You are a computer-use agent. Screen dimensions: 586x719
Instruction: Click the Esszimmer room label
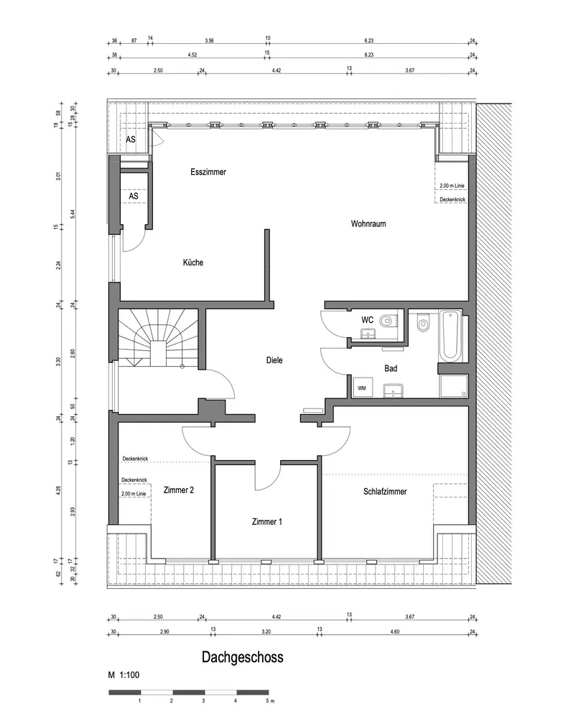(x=208, y=172)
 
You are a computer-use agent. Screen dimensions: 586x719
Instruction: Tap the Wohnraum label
(x=368, y=224)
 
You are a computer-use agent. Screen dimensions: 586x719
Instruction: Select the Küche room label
(x=193, y=262)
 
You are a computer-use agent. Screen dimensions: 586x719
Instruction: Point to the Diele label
(x=274, y=360)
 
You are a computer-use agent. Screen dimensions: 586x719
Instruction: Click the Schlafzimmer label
(x=385, y=492)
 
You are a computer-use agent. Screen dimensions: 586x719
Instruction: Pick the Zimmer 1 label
(x=267, y=522)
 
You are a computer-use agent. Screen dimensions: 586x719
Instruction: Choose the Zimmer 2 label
(x=179, y=490)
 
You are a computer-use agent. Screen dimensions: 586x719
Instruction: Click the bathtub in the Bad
(x=450, y=335)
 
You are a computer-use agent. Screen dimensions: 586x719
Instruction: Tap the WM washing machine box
(x=362, y=388)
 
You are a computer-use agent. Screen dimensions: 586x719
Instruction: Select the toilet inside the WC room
(x=387, y=320)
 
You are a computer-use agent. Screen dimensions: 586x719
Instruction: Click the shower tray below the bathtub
(x=454, y=386)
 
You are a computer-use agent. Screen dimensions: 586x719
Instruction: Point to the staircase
(x=159, y=338)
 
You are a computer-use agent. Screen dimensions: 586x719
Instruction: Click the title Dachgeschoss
(x=243, y=657)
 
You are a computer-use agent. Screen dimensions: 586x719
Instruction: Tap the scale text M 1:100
(x=124, y=675)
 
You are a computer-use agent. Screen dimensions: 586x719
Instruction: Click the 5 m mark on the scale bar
(x=270, y=700)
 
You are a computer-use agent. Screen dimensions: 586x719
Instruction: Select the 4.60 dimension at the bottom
(x=395, y=632)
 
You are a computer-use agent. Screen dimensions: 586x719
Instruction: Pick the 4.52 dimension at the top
(x=192, y=55)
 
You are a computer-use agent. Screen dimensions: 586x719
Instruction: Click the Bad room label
(x=391, y=368)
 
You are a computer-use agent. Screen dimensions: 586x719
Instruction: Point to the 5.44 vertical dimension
(x=73, y=214)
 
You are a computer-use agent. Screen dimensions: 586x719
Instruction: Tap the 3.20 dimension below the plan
(x=266, y=632)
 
